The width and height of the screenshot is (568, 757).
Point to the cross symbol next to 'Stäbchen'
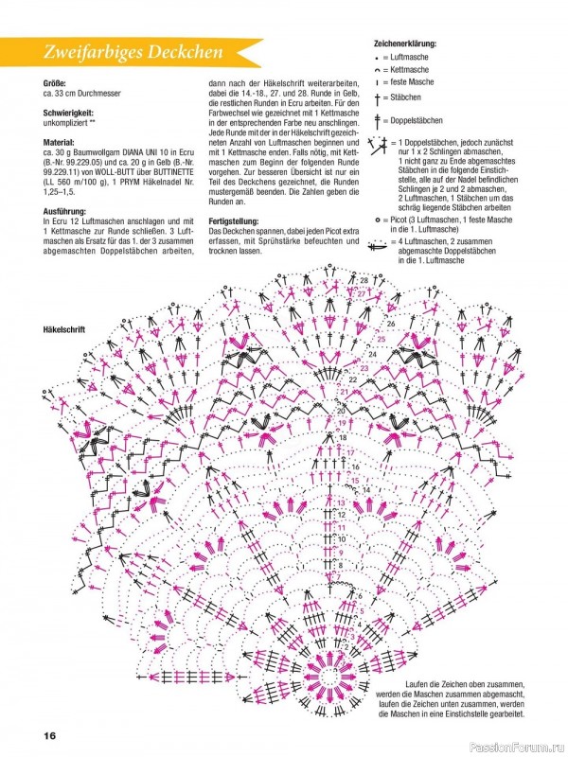click(x=380, y=98)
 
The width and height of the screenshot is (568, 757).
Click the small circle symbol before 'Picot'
click(x=377, y=217)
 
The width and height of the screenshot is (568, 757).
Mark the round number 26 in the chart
click(x=390, y=324)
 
